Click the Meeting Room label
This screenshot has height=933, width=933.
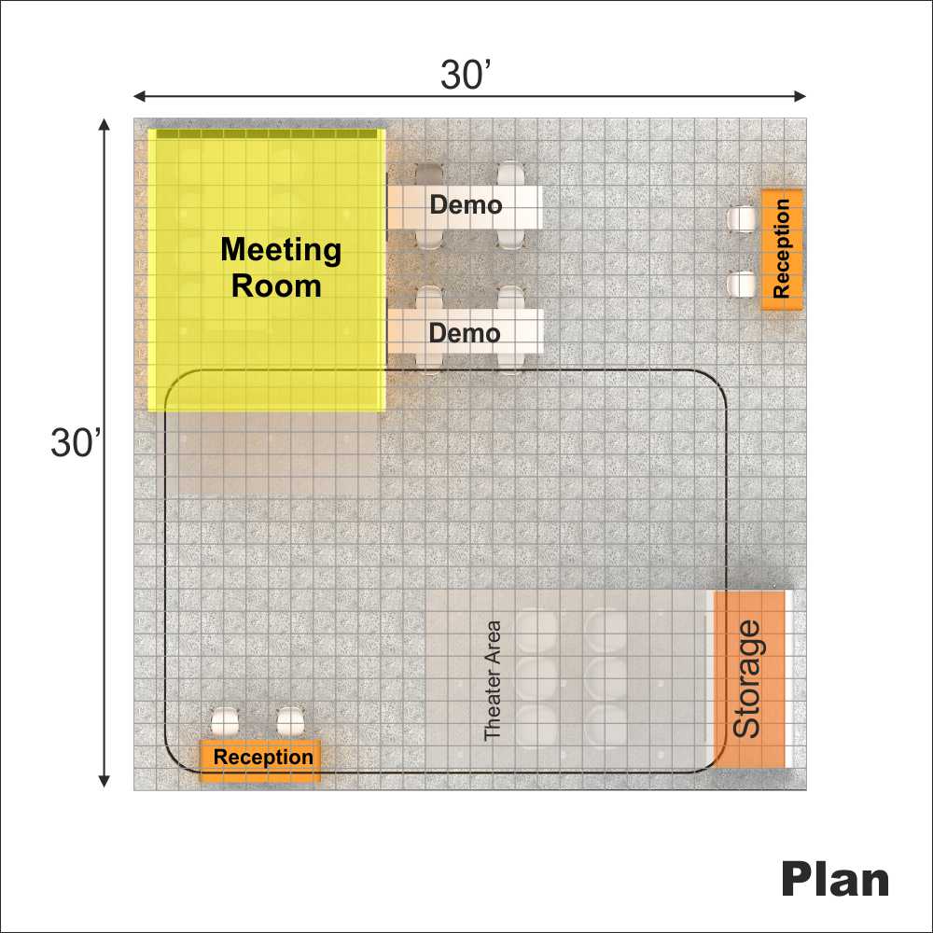click(280, 267)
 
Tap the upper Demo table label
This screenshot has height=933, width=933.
click(466, 204)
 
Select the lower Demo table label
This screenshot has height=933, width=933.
click(465, 333)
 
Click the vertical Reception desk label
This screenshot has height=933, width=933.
click(781, 249)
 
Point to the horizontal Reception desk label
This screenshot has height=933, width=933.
click(264, 757)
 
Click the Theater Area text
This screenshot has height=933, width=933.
click(493, 680)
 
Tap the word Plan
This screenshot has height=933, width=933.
click(835, 879)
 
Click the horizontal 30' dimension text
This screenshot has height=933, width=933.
click(466, 75)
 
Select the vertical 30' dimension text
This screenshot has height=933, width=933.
click(76, 442)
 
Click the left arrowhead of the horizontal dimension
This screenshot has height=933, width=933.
click(139, 96)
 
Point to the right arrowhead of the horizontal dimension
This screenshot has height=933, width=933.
click(801, 96)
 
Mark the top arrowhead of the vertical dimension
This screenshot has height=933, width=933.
click(104, 124)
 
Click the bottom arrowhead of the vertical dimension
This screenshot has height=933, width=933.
click(104, 781)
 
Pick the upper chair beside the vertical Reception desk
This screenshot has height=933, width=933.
click(742, 219)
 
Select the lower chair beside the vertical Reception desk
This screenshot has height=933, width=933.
click(742, 285)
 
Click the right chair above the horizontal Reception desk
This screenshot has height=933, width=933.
click(291, 722)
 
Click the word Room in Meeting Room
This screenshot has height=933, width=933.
click(277, 286)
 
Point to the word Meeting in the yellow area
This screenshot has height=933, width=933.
click(281, 250)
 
